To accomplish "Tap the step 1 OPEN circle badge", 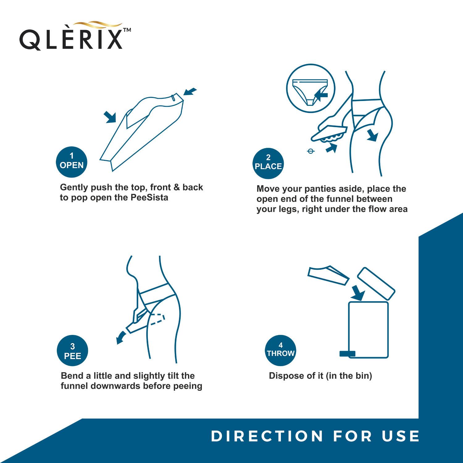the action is [71, 162].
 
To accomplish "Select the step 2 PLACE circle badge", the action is [268, 163].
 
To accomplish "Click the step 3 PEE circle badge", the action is [73, 351].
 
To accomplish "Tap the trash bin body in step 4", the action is [368, 330].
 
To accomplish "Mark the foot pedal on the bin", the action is [347, 354].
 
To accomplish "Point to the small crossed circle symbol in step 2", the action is [311, 151].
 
